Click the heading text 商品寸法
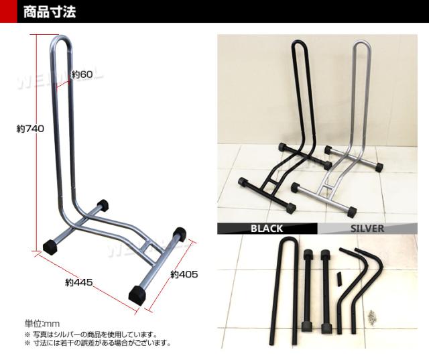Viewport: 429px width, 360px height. coord(49,12)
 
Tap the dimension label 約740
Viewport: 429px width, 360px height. coord(30,129)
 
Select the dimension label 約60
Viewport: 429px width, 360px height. coord(82,74)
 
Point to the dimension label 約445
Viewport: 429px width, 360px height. coord(79,282)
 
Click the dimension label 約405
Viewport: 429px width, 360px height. coord(184,274)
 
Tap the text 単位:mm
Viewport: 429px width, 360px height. coord(42,324)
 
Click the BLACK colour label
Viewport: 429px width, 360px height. coord(267,229)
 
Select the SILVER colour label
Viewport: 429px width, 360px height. coord(367,229)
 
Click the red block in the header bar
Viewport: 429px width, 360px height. coord(9,11)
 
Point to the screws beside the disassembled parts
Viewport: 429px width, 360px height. coord(373,317)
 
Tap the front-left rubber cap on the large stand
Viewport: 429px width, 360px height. coord(51,246)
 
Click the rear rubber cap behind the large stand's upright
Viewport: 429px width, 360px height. coord(103,204)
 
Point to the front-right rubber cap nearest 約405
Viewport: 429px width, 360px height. coord(137,296)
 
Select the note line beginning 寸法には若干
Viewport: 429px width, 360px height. coord(98,343)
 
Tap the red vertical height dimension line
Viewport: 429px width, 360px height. coord(37,141)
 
